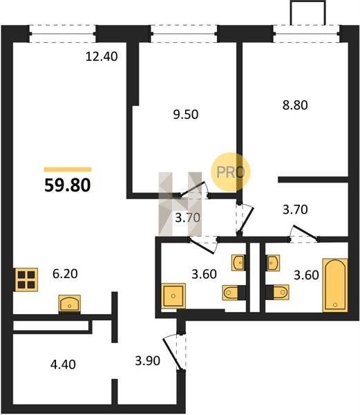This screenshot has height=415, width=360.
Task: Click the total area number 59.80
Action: (x=68, y=185)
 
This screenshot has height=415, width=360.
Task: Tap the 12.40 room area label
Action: (x=102, y=57)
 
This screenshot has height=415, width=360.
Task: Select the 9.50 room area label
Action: (x=186, y=115)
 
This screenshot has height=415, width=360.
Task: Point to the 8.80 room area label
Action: (x=295, y=105)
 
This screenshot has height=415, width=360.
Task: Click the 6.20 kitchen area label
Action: (x=65, y=274)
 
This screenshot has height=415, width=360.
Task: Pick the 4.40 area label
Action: (x=63, y=365)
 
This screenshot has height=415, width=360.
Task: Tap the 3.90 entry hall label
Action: (x=147, y=361)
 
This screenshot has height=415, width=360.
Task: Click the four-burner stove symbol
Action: (x=26, y=279)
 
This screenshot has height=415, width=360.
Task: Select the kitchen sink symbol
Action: (x=70, y=304)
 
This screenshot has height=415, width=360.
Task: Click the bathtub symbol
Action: (x=335, y=285)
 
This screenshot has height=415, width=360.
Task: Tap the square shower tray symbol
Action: (x=173, y=295)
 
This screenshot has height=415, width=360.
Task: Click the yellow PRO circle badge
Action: (x=231, y=172)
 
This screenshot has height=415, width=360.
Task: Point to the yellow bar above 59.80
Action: (x=68, y=169)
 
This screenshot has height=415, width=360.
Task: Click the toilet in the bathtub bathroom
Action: (x=278, y=292)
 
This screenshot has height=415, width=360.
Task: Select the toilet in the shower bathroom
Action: (x=234, y=293)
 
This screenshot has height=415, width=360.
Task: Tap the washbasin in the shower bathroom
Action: (x=238, y=263)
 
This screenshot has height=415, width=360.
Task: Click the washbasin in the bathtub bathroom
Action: (x=273, y=263)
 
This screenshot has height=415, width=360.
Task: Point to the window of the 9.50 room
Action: (x=184, y=34)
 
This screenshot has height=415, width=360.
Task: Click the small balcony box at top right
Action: (x=308, y=13)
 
